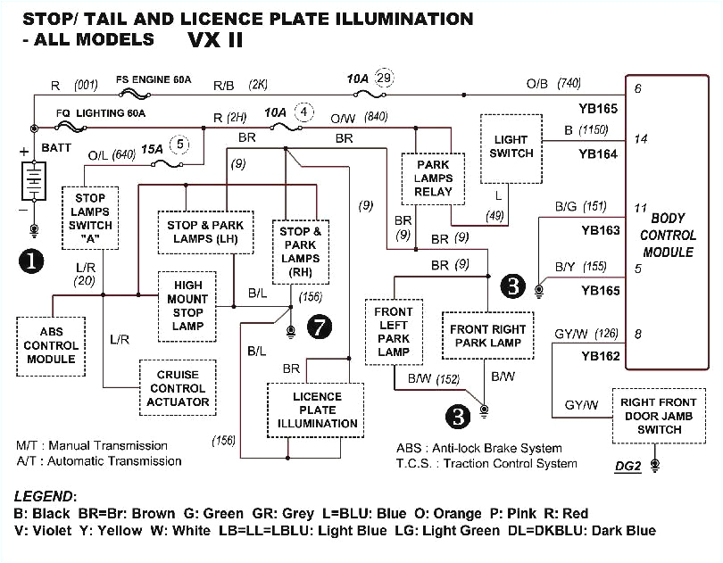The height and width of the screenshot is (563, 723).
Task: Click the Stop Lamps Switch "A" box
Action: [x=91, y=218]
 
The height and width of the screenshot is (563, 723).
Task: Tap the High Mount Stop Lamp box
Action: [x=187, y=305]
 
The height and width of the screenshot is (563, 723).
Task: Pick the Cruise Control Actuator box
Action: [x=177, y=388]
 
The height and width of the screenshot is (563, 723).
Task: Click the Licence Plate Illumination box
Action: [x=316, y=410]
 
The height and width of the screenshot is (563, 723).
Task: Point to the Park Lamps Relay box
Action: [x=433, y=178]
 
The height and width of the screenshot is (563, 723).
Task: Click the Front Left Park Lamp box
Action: [x=393, y=332]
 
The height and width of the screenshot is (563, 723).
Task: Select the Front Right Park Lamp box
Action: [x=487, y=335]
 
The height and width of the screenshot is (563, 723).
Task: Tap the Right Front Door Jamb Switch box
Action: [x=658, y=416]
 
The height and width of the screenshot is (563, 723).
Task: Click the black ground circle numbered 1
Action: [x=32, y=261]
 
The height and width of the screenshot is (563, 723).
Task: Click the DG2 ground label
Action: [x=627, y=465]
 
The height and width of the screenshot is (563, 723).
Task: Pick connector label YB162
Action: [x=599, y=356]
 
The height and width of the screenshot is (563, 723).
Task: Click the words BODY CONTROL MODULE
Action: [x=668, y=236]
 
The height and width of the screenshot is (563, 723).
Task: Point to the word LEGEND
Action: [x=46, y=495]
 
